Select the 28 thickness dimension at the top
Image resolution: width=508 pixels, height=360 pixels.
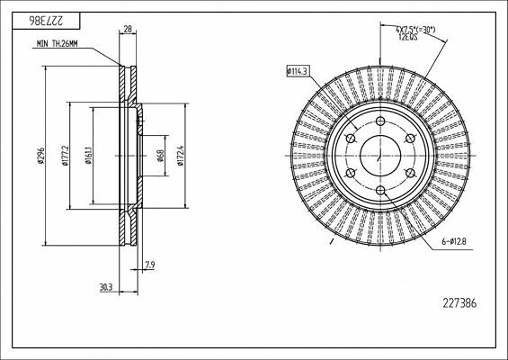pos(128,30)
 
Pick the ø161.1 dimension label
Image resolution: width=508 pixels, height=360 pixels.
pos(88,156)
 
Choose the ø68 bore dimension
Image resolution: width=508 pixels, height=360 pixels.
pos(160,156)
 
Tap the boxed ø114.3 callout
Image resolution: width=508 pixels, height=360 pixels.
pos(297,70)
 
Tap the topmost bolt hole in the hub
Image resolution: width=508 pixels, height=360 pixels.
pos(379,121)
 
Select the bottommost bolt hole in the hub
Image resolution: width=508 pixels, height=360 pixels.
pos(379,190)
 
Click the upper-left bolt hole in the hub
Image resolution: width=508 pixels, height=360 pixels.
pos(350,139)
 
